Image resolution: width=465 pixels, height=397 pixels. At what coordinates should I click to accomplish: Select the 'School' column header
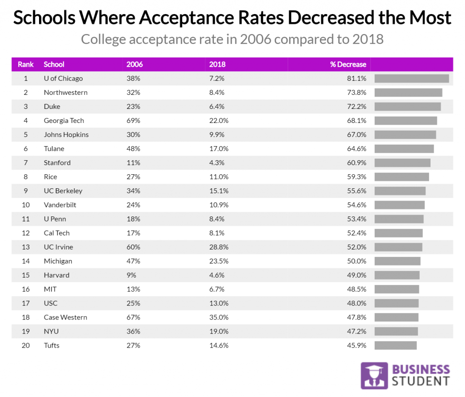click(54, 64)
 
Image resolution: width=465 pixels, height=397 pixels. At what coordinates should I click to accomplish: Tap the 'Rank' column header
click(26, 64)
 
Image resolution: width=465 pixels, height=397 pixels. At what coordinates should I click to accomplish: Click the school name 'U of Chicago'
click(63, 78)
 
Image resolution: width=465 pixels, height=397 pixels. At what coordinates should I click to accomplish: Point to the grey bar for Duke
click(407, 107)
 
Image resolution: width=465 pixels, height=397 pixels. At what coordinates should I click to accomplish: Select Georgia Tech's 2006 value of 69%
click(134, 121)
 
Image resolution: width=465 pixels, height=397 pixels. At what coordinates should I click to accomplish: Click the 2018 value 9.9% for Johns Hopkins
click(217, 135)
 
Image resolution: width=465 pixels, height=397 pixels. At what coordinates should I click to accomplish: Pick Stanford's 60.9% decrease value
click(357, 163)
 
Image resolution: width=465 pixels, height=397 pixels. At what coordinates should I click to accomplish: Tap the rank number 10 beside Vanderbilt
click(26, 205)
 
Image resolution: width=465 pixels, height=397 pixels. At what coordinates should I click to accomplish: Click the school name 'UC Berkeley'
click(63, 191)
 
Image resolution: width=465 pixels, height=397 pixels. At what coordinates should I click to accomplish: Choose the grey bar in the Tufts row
click(396, 346)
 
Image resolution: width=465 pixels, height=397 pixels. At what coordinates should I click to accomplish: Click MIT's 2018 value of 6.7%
click(217, 289)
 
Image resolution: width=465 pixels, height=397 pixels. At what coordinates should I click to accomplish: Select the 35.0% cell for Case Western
click(218, 318)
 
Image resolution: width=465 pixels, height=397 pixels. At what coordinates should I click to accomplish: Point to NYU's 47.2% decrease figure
click(357, 332)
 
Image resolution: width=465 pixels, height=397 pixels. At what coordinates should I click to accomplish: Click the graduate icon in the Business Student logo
click(374, 376)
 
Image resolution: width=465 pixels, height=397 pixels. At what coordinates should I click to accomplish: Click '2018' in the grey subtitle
click(367, 39)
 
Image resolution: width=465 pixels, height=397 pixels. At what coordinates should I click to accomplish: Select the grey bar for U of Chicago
click(411, 78)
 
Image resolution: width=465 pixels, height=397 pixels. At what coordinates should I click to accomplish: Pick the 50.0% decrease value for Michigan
click(357, 261)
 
